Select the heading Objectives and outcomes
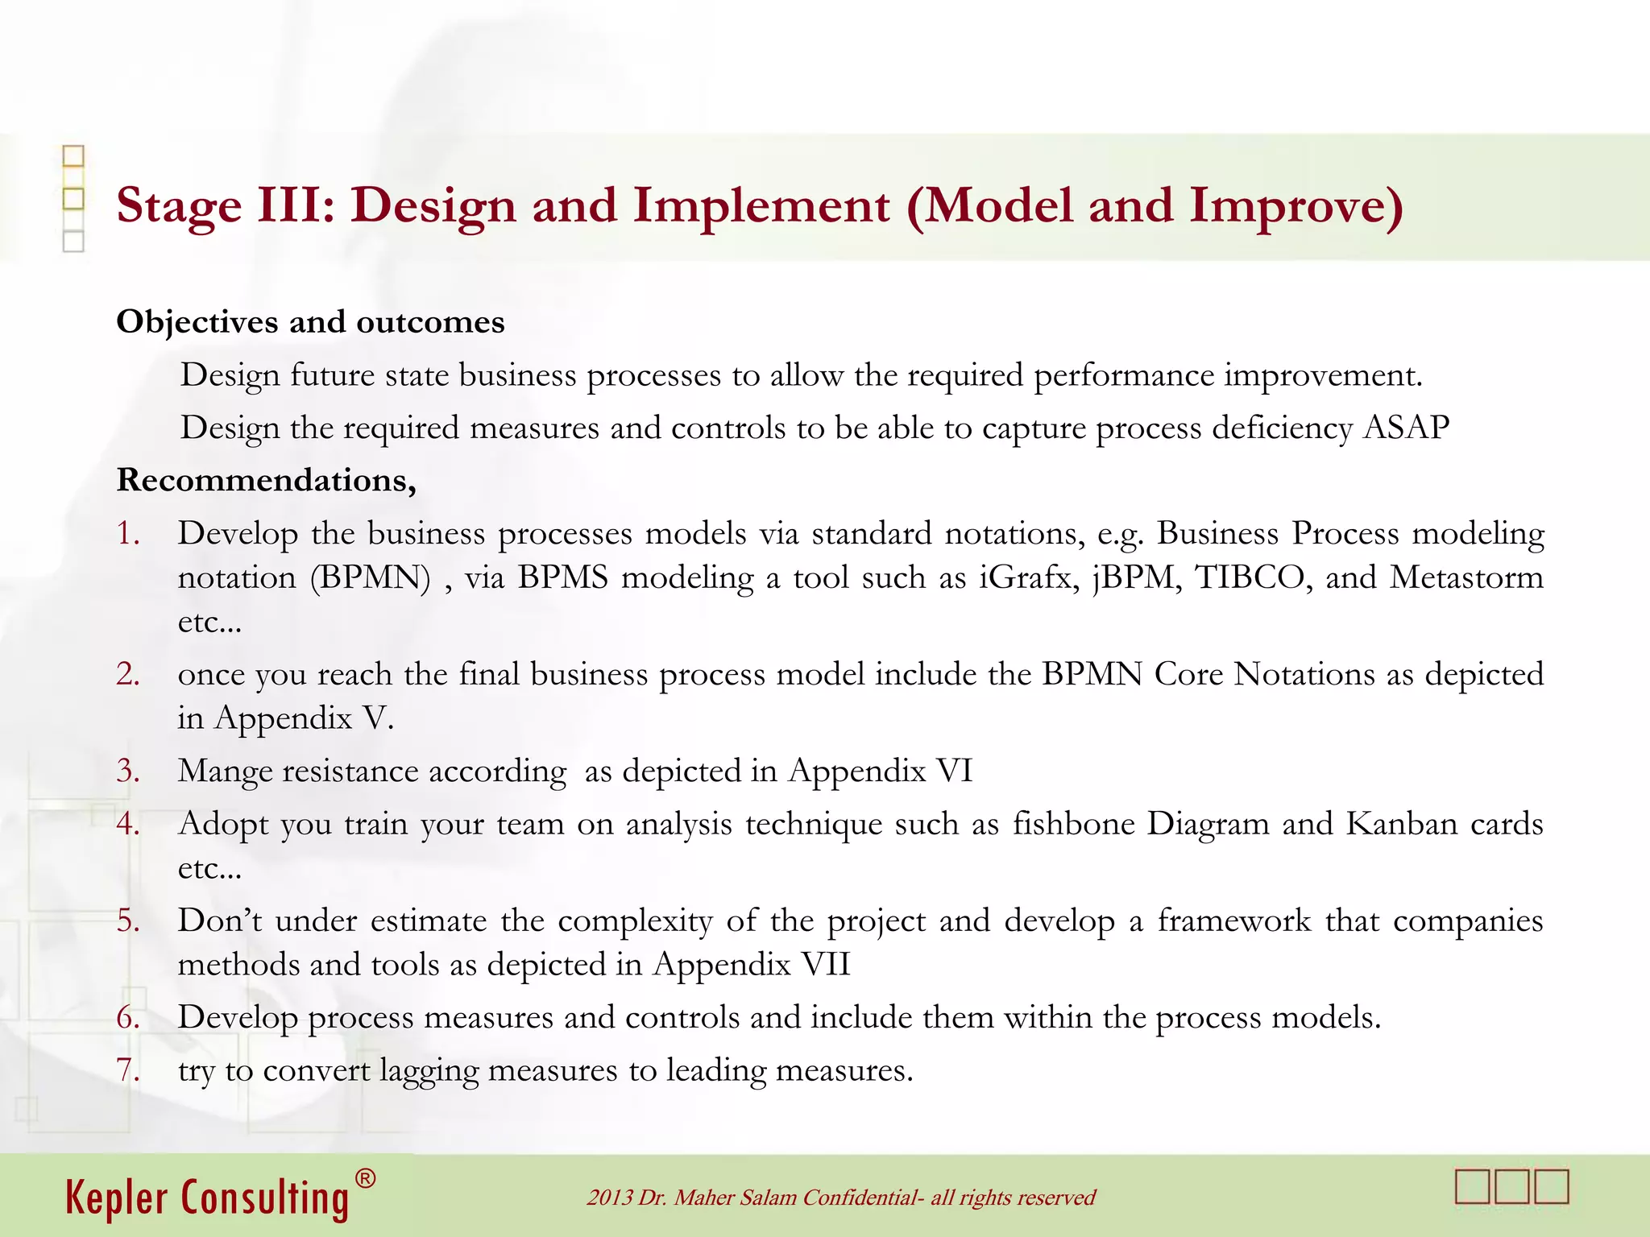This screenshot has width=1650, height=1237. point(310,322)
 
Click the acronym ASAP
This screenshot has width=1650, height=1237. point(1406,428)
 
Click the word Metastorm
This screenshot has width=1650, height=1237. point(1466,577)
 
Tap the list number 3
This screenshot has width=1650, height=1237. point(128,771)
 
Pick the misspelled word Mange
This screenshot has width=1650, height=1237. point(225,772)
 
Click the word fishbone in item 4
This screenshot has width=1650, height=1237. point(1072,824)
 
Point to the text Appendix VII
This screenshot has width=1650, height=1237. point(751,965)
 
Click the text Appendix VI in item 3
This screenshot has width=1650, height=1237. point(881,771)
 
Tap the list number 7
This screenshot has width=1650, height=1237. point(128,1070)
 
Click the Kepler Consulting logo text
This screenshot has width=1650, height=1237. point(207,1198)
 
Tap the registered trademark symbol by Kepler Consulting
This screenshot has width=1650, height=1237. point(365,1179)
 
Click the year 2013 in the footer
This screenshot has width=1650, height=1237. point(610,1198)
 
